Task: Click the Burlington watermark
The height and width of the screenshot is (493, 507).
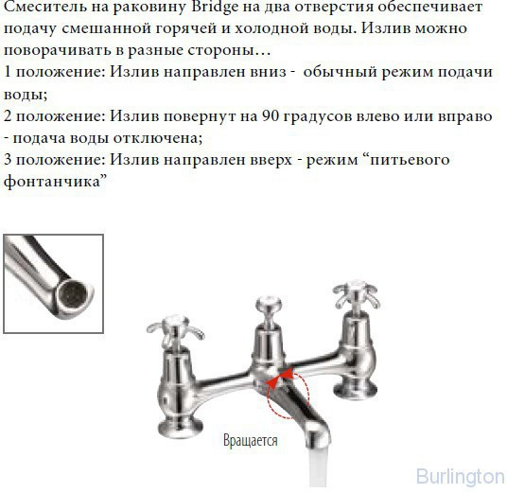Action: coord(460,476)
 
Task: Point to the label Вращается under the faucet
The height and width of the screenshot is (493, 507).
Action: coord(250,440)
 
